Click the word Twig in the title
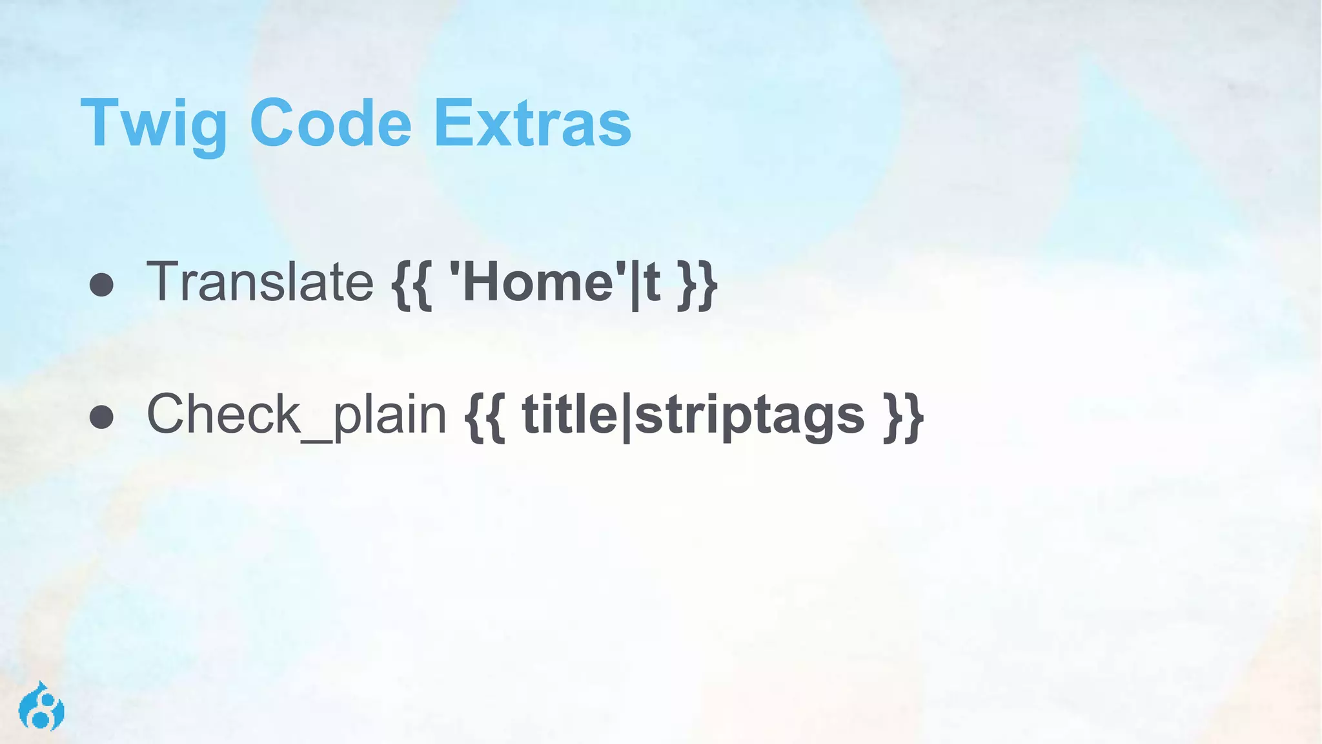[x=154, y=124]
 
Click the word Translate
[x=260, y=282]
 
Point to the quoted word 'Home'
[x=538, y=282]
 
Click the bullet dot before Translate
[x=102, y=285]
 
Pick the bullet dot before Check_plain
[x=102, y=417]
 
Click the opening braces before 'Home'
[x=412, y=284]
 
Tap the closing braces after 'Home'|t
[x=697, y=284]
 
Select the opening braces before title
[x=485, y=417]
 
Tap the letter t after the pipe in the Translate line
[x=651, y=283]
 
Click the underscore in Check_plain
[x=317, y=439]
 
